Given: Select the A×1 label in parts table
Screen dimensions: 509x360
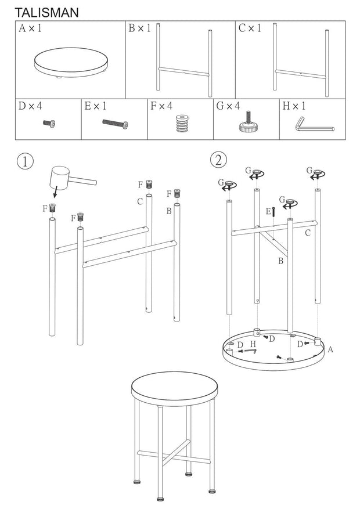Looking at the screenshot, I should (x=30, y=28).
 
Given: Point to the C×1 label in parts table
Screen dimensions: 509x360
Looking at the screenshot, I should (x=250, y=28).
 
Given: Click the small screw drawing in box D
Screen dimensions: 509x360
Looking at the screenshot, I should (x=48, y=123).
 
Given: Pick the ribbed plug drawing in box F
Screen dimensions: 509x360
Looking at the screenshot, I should (x=182, y=124).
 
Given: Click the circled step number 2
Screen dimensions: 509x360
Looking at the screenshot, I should (x=218, y=159).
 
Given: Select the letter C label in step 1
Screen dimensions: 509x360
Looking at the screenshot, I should (x=140, y=201).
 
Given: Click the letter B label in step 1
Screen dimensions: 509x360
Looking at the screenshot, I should (x=169, y=211).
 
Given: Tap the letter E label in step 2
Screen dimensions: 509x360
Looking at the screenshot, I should (x=268, y=212).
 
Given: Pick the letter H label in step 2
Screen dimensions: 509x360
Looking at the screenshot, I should (x=252, y=344).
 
